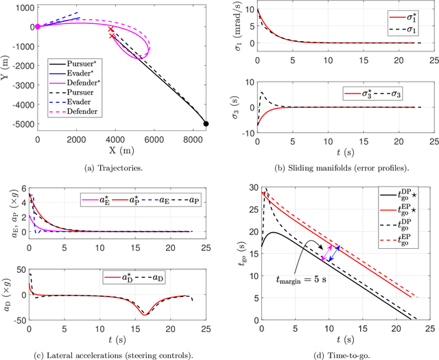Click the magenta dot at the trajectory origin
click(x=38, y=27)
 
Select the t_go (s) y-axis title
click(x=234, y=254)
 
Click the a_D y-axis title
click(x=8, y=296)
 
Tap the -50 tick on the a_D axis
click(x=18, y=320)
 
